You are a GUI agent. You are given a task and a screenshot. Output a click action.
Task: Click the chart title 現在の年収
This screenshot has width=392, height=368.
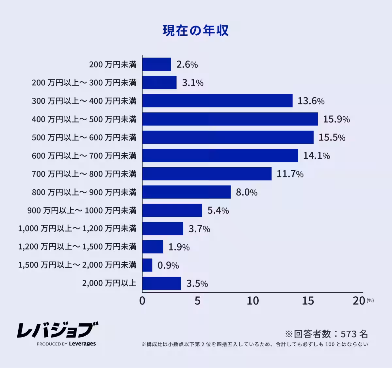coord(195,30)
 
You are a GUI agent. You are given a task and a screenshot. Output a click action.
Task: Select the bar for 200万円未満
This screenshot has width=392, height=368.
coord(157,64)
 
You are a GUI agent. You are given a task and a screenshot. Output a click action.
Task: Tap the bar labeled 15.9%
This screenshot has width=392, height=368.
coord(230,119)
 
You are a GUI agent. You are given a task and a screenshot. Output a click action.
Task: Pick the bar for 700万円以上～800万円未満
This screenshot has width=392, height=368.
coord(207,174)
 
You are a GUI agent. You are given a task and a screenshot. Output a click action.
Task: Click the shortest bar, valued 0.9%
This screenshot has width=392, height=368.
coord(147,265)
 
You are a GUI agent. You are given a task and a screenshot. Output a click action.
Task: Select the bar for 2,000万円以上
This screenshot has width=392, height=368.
coord(162,283)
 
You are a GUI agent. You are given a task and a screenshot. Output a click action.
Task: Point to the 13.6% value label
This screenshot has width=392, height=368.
coord(311,101)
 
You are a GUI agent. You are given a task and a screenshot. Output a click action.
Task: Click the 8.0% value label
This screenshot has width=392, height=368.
coord(246,192)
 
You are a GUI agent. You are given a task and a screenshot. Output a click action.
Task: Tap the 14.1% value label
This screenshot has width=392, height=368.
coord(316,156)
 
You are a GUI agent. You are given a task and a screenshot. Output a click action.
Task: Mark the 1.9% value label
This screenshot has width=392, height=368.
coord(179,247)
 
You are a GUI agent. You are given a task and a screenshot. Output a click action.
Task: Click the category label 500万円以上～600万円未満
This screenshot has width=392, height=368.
coord(84,138)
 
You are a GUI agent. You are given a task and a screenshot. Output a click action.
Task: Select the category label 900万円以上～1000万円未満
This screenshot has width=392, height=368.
coord(82,211)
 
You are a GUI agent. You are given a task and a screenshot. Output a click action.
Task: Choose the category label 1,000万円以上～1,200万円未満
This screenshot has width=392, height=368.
coord(77,229)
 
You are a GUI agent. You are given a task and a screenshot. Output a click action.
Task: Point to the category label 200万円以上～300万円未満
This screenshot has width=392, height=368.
coord(84,83)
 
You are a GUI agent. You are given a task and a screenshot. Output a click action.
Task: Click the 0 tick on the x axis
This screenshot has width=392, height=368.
coord(142,301)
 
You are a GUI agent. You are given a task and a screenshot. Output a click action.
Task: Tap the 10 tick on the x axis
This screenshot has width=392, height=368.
coord(253,301)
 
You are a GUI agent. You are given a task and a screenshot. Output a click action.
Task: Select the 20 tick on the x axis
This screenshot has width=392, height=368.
coord(359,301)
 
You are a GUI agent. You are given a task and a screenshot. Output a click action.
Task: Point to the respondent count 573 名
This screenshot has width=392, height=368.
coord(354,334)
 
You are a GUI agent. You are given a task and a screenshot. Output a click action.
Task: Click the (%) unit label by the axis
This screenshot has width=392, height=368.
coord(370,300)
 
